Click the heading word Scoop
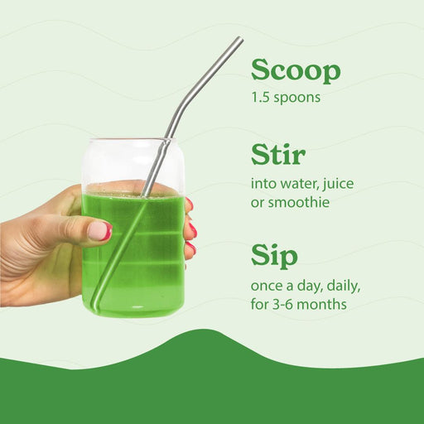[x=296, y=71]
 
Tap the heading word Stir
[x=277, y=155]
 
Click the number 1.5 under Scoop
[x=263, y=97]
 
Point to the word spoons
[x=298, y=98]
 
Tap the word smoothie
[x=301, y=202]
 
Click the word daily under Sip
[x=341, y=286]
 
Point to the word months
[x=323, y=304]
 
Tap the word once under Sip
[x=268, y=286]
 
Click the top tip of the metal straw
[x=239, y=39]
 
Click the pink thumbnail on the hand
[x=99, y=231]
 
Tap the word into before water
[x=263, y=183]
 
